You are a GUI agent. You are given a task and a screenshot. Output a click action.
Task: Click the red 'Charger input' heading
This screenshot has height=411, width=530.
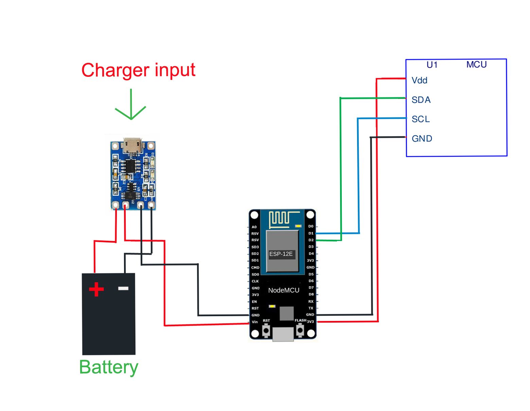click(138, 70)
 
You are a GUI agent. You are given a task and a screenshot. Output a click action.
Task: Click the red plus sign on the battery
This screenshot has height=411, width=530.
click(96, 289)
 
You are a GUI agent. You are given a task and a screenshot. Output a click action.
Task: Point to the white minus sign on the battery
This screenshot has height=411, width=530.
click(123, 288)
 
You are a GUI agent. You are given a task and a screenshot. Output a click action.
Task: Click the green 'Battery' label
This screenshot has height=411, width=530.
click(108, 367)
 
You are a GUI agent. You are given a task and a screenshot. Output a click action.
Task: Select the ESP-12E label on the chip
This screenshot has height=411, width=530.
click(281, 254)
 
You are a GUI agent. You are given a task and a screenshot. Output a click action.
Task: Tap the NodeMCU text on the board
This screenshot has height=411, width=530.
click(284, 290)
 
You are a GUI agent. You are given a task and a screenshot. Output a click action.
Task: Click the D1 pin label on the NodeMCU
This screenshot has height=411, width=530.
click(311, 233)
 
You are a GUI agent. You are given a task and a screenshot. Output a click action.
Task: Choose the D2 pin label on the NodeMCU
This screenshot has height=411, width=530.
click(311, 240)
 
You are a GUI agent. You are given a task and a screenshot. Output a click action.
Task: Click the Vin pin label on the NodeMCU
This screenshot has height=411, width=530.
click(255, 322)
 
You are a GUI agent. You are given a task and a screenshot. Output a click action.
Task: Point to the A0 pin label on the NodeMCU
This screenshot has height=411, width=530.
click(254, 227)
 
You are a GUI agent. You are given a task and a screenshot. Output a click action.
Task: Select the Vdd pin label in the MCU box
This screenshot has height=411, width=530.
click(419, 81)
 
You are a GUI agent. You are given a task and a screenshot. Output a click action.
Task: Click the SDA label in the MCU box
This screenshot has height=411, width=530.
click(421, 100)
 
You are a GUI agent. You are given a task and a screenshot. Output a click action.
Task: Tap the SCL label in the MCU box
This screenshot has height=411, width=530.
click(421, 119)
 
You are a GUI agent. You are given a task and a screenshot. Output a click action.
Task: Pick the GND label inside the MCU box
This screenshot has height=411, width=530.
click(422, 139)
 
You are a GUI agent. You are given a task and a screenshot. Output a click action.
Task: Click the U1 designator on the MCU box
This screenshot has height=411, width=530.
click(432, 65)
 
